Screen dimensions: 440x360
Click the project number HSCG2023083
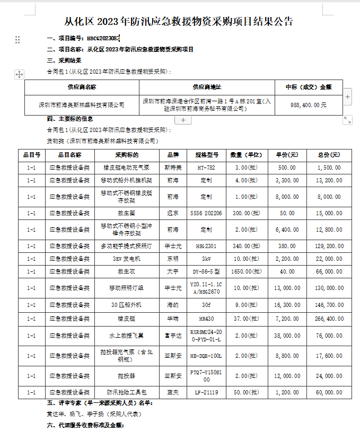[103, 39]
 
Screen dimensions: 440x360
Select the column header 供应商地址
[207, 87]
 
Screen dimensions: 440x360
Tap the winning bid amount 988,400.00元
[309, 105]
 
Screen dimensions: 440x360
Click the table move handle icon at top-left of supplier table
[19, 75]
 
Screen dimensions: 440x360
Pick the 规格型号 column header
[207, 155]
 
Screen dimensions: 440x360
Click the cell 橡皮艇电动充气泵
[127, 167]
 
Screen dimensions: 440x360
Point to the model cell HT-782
[207, 167]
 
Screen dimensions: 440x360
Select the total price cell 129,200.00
[330, 246]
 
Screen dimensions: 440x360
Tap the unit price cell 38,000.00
[287, 335]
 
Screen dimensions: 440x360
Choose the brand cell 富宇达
[173, 335]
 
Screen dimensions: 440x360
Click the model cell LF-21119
[207, 393]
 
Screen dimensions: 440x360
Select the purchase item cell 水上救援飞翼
[127, 335]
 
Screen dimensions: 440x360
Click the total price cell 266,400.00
[330, 319]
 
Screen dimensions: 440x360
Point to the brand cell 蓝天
[173, 393]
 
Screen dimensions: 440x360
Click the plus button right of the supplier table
[348, 96]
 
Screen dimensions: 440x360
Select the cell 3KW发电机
[127, 259]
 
